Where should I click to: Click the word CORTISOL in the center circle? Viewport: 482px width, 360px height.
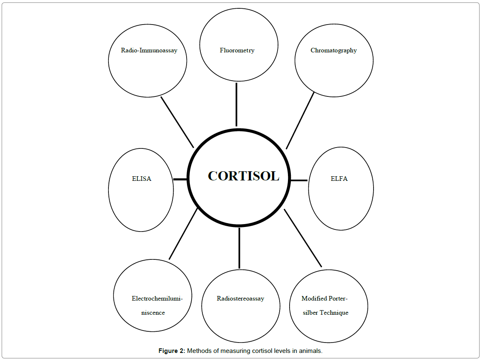(x=243, y=176)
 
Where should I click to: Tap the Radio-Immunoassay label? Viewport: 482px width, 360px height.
(x=149, y=50)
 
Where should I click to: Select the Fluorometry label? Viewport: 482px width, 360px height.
(x=237, y=50)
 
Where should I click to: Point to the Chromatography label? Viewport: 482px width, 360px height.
(x=334, y=50)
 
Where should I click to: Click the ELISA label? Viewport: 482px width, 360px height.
(x=141, y=179)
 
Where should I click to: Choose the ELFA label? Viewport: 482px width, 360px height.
(x=339, y=179)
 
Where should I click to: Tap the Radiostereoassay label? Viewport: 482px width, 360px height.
(x=240, y=298)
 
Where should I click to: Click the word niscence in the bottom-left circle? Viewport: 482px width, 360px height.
(x=153, y=313)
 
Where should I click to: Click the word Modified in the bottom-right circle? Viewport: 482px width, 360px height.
(x=314, y=298)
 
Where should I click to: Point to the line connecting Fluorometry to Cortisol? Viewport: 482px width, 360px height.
(x=236, y=104)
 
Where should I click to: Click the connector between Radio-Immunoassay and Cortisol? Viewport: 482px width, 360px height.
(x=177, y=122)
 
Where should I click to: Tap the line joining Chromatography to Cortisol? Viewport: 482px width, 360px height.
(x=300, y=121)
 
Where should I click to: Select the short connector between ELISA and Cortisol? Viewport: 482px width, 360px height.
(x=180, y=179)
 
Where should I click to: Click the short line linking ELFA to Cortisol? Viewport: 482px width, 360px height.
(x=299, y=180)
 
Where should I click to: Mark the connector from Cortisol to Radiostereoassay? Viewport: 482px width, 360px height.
(x=239, y=248)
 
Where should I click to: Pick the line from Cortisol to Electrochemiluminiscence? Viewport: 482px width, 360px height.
(x=183, y=234)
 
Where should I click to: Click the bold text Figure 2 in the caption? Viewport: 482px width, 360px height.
(x=172, y=351)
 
